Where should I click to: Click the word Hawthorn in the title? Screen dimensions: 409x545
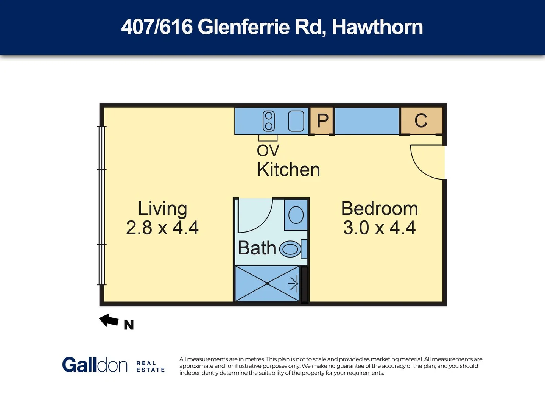click(377, 27)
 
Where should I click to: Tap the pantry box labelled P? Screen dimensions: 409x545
click(322, 121)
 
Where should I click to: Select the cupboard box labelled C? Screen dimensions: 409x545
click(421, 121)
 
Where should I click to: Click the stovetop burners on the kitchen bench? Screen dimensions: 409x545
click(269, 121)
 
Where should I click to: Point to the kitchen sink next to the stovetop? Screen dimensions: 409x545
click(296, 121)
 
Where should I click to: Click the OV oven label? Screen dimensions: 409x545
click(268, 151)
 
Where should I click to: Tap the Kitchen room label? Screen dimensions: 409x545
click(288, 170)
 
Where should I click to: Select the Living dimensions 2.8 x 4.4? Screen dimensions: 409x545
click(162, 228)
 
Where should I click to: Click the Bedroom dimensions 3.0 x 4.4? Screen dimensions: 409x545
click(379, 228)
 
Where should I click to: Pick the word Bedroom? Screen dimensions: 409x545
click(379, 209)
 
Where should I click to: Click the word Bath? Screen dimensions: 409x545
click(257, 248)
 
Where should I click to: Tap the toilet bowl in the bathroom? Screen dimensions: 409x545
click(290, 249)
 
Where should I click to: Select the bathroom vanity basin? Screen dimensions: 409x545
click(296, 215)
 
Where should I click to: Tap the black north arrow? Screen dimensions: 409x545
click(109, 320)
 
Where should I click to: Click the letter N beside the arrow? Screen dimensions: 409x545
click(129, 325)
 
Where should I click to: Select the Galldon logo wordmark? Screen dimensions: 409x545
click(95, 365)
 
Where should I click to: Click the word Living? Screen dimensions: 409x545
click(162, 209)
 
